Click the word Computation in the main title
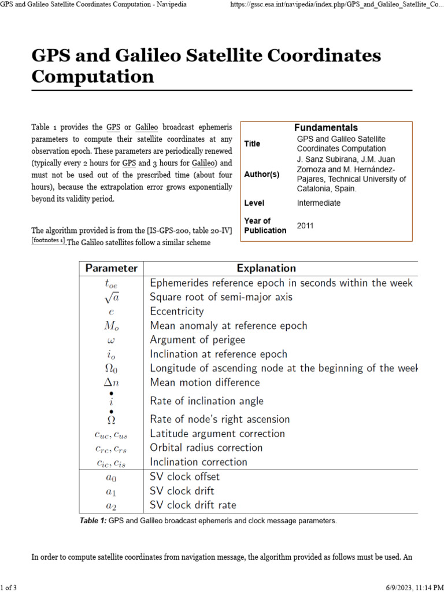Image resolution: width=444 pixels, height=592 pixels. [x=92, y=76]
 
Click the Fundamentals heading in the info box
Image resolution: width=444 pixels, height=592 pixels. [x=325, y=127]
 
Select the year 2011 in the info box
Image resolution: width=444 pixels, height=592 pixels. [x=305, y=225]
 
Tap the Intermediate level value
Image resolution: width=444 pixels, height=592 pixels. [x=319, y=203]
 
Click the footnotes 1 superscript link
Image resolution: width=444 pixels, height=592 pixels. [x=48, y=240]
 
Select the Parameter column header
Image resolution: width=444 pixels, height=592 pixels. [x=112, y=268]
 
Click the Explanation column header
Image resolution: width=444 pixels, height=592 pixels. [x=266, y=268]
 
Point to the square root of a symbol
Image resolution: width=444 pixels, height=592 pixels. [x=112, y=297]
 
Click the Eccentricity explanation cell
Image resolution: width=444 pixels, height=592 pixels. [x=176, y=312]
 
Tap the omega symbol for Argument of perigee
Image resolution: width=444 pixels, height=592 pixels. [x=112, y=340]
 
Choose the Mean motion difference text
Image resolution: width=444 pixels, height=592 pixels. [x=205, y=382]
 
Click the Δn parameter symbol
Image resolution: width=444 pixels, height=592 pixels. [x=112, y=382]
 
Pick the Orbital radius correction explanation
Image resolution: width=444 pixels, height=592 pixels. [x=206, y=447]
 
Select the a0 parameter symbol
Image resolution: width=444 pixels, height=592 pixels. [x=112, y=477]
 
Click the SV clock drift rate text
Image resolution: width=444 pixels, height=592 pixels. [x=193, y=505]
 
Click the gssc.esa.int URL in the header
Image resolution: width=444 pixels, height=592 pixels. [x=336, y=4]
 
